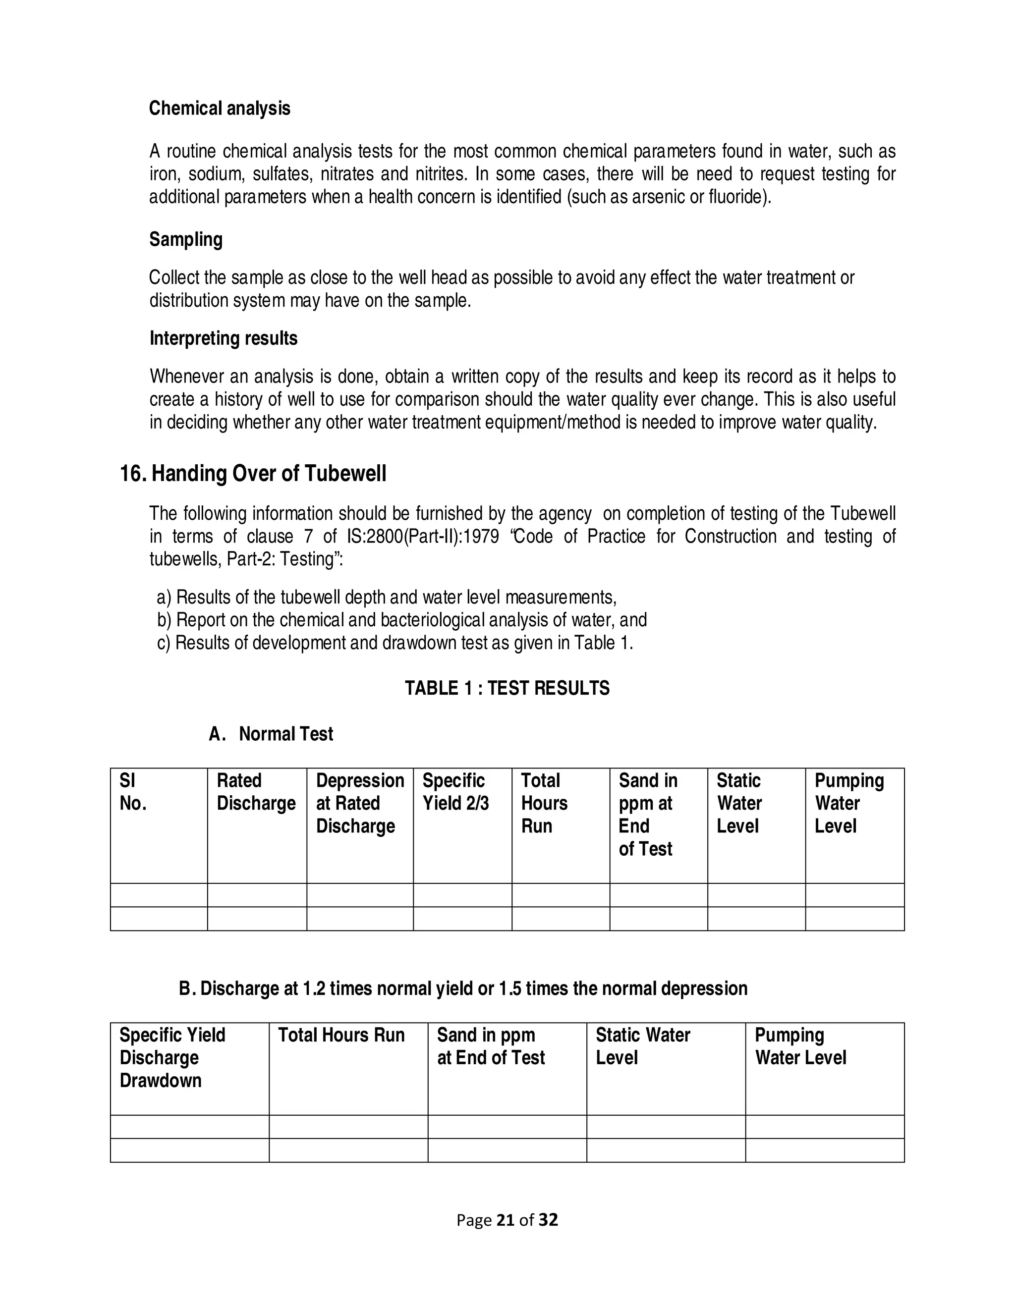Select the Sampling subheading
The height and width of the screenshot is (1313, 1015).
tap(186, 239)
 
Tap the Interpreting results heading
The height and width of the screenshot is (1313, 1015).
tap(223, 338)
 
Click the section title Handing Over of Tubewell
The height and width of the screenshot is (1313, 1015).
tap(268, 474)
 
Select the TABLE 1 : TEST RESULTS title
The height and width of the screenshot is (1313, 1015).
tap(507, 688)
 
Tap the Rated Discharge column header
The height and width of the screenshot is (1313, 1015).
tap(256, 792)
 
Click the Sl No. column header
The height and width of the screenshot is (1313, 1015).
tap(133, 792)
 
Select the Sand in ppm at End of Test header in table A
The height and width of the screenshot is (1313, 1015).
tap(648, 815)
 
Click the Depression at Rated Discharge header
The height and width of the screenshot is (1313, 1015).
tap(360, 804)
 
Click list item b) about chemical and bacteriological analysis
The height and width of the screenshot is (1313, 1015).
tap(401, 620)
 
